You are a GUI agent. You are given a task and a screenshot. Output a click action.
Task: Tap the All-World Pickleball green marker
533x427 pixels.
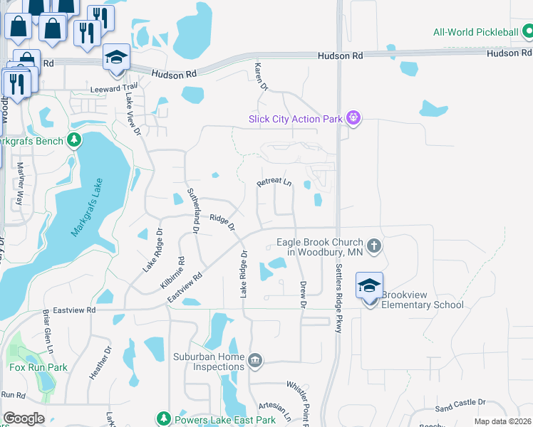click(527, 32)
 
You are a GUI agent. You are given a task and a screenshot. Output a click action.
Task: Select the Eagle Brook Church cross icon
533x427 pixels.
click(375, 247)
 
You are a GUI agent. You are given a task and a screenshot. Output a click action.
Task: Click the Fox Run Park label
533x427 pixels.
click(38, 368)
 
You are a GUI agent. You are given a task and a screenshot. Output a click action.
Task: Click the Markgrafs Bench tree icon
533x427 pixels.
click(75, 141)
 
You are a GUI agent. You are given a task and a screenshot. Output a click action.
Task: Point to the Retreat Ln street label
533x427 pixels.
click(274, 183)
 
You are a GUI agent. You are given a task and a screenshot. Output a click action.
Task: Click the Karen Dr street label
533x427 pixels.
click(261, 77)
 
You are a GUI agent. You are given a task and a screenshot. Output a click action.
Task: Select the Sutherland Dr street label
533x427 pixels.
click(191, 211)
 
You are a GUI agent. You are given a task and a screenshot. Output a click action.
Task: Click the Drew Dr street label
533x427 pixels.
click(303, 294)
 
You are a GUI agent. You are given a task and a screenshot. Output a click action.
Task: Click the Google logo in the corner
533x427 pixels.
click(24, 418)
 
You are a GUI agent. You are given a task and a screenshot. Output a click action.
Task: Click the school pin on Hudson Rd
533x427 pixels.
click(115, 58)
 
